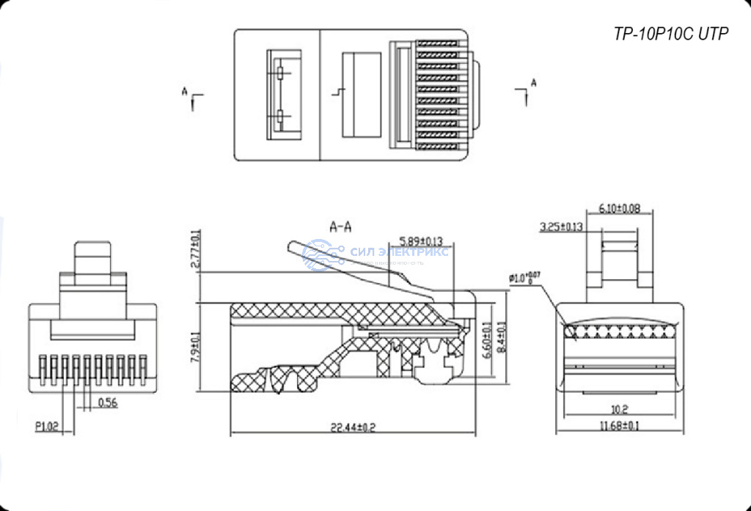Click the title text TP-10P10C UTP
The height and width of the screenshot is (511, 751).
[671, 34]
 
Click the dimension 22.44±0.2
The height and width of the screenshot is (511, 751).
[351, 427]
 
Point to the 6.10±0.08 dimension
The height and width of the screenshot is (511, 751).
[620, 208]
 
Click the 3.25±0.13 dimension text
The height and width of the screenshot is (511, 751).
[560, 227]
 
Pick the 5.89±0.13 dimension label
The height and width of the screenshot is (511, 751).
[421, 240]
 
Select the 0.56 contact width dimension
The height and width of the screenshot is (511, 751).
[108, 402]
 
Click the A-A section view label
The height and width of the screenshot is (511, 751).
[340, 227]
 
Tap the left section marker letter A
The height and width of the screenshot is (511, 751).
[186, 92]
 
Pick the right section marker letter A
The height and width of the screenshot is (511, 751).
[533, 82]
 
